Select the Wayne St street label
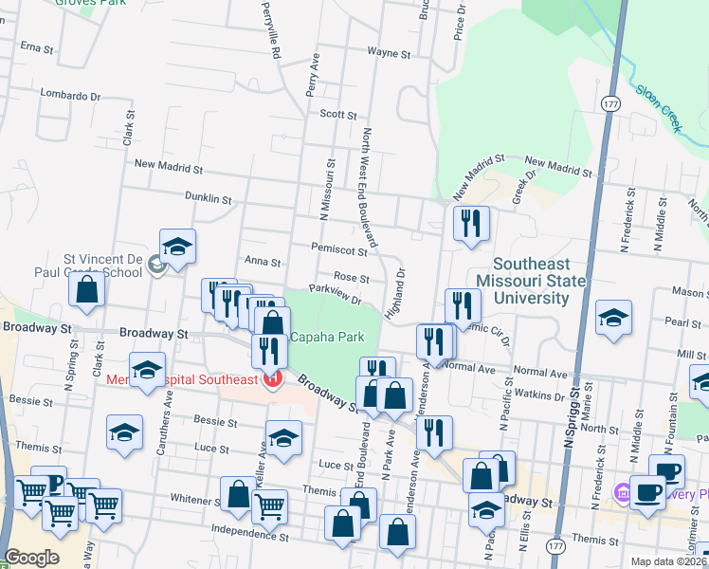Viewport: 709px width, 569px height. pyautogui.click(x=388, y=54)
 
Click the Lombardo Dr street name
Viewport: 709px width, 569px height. pyautogui.click(x=71, y=95)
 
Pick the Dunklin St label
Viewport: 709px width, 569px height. pyautogui.click(x=209, y=199)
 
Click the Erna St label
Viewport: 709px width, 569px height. pyautogui.click(x=35, y=46)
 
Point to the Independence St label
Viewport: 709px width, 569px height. pyautogui.click(x=247, y=529)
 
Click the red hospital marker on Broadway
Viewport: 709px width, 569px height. pyautogui.click(x=272, y=380)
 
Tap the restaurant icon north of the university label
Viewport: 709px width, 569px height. pyautogui.click(x=471, y=224)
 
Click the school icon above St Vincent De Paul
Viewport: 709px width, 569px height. pyautogui.click(x=177, y=248)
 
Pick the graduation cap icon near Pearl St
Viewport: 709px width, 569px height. pyautogui.click(x=613, y=319)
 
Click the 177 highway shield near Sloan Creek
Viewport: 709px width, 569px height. pyautogui.click(x=609, y=101)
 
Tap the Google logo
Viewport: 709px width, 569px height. pyautogui.click(x=31, y=558)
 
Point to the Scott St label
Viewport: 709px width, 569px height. pyautogui.click(x=337, y=115)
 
